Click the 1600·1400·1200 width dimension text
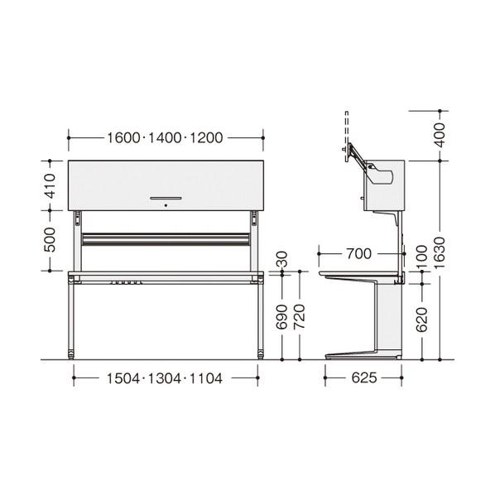pyautogui.click(x=165, y=138)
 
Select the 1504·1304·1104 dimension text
pyautogui.click(x=165, y=378)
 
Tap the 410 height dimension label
pyautogui.click(x=50, y=185)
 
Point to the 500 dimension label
pyautogui.click(x=50, y=239)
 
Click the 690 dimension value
pyautogui.click(x=281, y=317)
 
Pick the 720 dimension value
pyautogui.click(x=299, y=317)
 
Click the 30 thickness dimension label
pyautogui.click(x=281, y=259)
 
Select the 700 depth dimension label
pyautogui.click(x=358, y=254)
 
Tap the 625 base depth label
pyautogui.click(x=364, y=378)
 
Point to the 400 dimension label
pyautogui.click(x=439, y=135)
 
